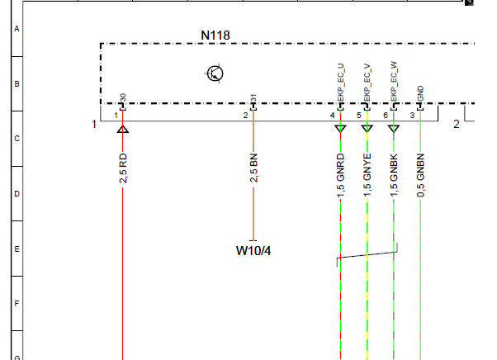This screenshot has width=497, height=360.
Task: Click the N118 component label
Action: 215,36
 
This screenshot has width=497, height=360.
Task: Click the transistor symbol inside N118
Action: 215,73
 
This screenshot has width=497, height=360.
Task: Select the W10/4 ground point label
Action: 253,251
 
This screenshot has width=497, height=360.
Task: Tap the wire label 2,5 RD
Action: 123,168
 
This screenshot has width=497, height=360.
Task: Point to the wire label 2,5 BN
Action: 253,168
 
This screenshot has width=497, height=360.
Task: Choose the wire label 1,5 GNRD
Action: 340,175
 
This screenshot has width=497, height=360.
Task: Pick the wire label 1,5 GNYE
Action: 367,175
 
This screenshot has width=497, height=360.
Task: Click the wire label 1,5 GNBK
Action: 394,175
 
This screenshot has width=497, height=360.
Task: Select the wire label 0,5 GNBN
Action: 420,175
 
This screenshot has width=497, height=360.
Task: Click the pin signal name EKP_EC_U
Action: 341,83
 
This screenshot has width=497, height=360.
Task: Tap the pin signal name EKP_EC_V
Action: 367,83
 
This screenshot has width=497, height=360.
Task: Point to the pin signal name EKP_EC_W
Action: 394,82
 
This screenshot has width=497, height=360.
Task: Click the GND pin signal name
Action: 420,93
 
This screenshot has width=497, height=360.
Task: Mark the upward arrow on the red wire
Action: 123,129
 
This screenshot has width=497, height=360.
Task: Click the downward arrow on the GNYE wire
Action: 367,129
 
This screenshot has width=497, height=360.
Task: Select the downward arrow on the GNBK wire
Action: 394,129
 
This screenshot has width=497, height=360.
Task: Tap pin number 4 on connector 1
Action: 332,116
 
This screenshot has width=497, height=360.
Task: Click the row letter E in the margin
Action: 17,249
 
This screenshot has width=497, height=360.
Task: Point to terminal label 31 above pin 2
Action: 253,98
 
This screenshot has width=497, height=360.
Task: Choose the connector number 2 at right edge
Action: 456,124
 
